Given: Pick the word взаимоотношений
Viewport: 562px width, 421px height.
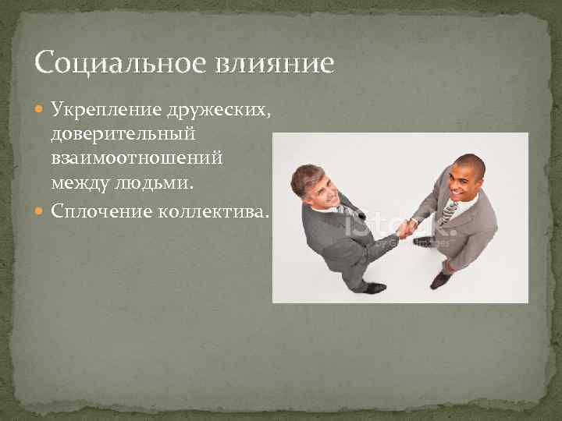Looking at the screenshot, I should click(x=137, y=158).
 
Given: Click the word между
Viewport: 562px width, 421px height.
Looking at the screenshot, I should click(x=80, y=184).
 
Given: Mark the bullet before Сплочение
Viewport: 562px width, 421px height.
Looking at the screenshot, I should click(x=41, y=210).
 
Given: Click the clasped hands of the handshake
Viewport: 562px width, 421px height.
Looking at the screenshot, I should click(x=406, y=228).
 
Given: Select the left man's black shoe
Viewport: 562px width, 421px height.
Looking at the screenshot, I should click(x=374, y=287).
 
